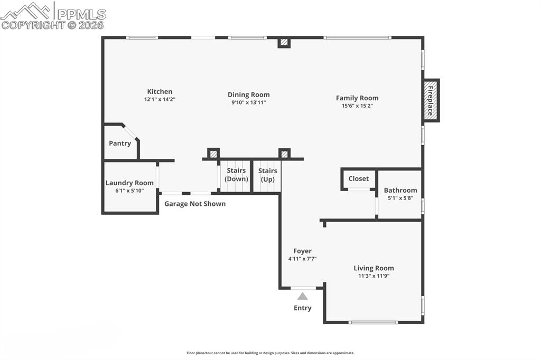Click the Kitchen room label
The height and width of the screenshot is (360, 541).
point(160,91)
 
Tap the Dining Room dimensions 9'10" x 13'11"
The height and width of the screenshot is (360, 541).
point(249,102)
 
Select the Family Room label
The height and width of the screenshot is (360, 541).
point(357,98)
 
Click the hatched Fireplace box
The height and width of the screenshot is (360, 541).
point(431,100)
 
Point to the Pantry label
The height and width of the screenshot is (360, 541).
point(120,143)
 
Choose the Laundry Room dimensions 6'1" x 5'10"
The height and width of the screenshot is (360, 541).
point(129,191)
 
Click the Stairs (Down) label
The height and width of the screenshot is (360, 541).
point(236,175)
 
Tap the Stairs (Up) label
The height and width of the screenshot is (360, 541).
point(268,175)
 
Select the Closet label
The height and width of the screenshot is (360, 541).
point(358,178)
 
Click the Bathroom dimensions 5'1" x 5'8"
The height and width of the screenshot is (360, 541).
point(400,198)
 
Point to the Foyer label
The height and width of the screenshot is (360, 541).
point(302,251)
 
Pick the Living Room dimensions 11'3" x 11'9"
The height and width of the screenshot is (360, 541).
point(374,276)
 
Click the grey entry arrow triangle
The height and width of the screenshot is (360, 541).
point(302,297)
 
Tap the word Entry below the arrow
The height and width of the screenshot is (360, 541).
point(303,308)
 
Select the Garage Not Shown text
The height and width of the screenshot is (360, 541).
point(195,204)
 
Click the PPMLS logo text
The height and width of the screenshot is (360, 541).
point(81,14)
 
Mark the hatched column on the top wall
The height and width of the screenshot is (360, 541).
point(284,42)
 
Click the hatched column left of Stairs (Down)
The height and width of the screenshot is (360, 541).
point(213,154)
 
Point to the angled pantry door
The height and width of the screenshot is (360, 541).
point(130,132)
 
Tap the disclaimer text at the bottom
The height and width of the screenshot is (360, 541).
point(270,353)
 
